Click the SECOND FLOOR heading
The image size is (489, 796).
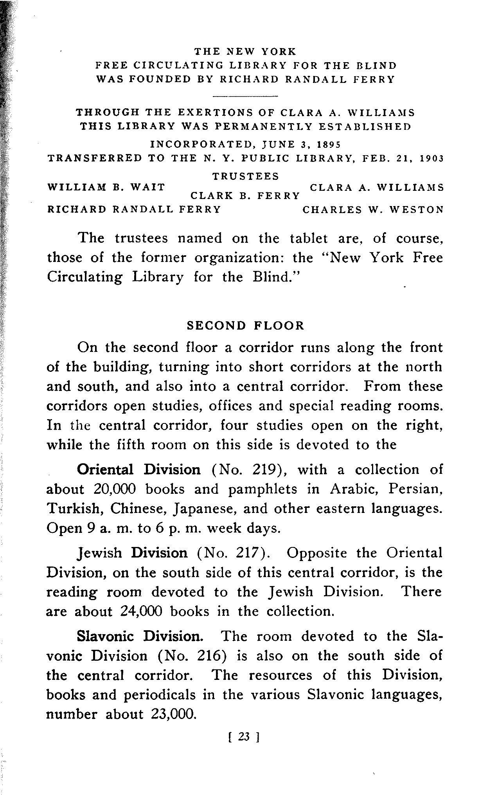[x=245, y=326]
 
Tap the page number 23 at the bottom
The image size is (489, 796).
[x=243, y=737]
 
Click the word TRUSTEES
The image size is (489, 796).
[x=246, y=176]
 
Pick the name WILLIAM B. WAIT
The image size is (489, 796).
[x=106, y=187]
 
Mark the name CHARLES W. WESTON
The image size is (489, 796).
[x=373, y=210]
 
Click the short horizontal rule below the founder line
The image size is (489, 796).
[x=245, y=96]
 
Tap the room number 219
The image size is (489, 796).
[x=267, y=470]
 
